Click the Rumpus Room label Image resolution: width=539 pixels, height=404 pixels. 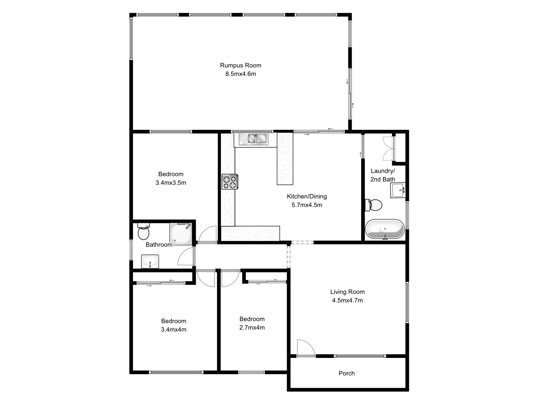[x=241, y=65]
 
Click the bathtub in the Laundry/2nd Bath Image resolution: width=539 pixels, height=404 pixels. [x=384, y=229]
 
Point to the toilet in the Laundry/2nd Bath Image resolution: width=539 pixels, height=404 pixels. [x=374, y=205]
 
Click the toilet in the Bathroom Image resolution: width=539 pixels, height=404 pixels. [x=144, y=231]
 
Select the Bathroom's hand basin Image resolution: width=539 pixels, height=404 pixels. [x=150, y=261]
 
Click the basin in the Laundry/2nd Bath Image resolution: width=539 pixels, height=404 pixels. [x=399, y=191]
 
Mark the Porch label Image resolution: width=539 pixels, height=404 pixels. [x=347, y=373]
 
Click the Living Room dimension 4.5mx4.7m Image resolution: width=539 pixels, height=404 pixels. [x=347, y=300]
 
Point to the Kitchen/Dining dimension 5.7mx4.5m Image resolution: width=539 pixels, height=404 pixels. [x=307, y=205]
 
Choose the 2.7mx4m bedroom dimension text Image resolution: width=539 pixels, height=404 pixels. [x=252, y=328]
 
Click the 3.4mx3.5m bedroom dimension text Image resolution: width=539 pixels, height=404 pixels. [x=171, y=183]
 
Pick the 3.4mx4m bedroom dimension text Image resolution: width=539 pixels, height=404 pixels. [x=173, y=330]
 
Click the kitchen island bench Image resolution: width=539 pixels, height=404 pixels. [x=285, y=159]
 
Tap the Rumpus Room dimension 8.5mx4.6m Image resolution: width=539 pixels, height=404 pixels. [x=241, y=74]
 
